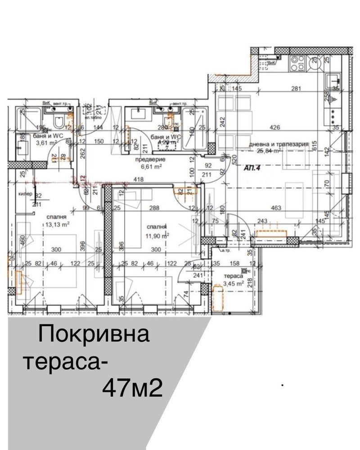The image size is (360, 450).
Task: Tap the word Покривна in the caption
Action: pyautogui.click(x=94, y=336)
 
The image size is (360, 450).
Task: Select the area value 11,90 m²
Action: pyautogui.click(x=157, y=235)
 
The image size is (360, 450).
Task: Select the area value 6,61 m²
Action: pyautogui.click(x=151, y=166)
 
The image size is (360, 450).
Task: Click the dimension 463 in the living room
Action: pyautogui.click(x=276, y=208)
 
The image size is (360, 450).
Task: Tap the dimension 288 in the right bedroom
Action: pyautogui.click(x=155, y=208)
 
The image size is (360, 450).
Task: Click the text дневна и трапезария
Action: pyautogui.click(x=279, y=144)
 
